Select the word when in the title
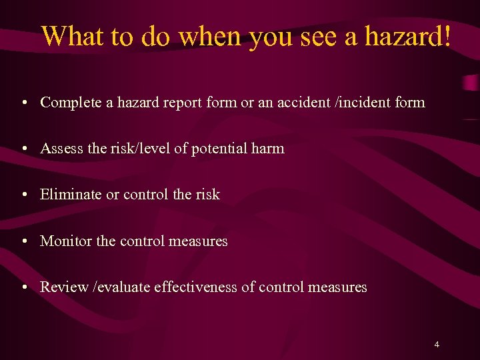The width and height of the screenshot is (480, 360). tap(211, 36)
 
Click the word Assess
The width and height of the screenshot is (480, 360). tap(61, 149)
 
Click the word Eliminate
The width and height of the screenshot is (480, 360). tap(71, 195)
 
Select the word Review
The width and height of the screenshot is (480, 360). tap(64, 287)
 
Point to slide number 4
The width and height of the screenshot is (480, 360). tap(437, 345)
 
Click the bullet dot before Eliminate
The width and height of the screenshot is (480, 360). tap(23, 195)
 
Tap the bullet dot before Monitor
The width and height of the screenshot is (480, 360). tap(23, 241)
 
